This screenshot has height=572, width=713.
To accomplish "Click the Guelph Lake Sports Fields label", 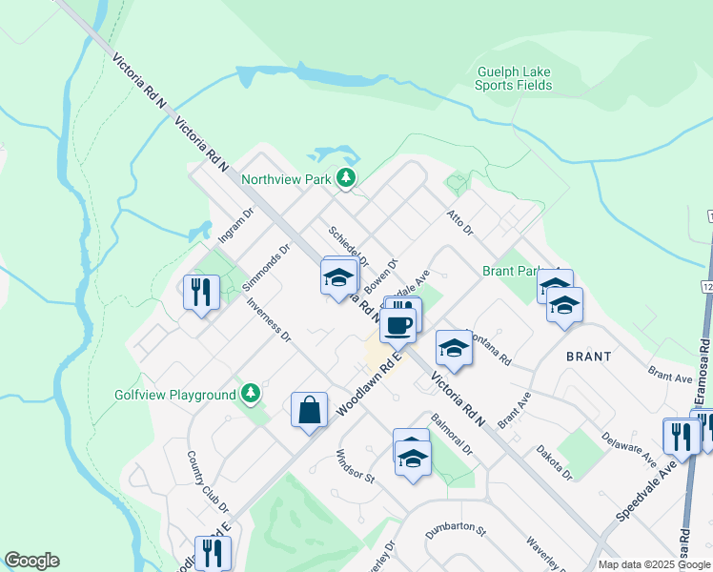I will pyautogui.click(x=513, y=77).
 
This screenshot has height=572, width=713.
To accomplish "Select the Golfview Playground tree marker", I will pyautogui.click(x=250, y=394).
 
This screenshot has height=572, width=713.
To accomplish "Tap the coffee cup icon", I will pyautogui.click(x=397, y=324).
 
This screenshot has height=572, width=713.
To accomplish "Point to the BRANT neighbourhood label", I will pyautogui.click(x=588, y=355).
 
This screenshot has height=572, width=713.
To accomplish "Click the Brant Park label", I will pyautogui.click(x=513, y=271).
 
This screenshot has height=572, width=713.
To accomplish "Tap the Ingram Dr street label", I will pyautogui.click(x=234, y=227).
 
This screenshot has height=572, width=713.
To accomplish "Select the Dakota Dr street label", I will pyautogui.click(x=553, y=460).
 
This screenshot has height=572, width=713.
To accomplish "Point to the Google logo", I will pyautogui.click(x=31, y=561).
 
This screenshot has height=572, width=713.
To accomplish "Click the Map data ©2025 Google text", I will pyautogui.click(x=654, y=564).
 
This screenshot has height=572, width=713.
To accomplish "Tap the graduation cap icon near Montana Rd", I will pyautogui.click(x=454, y=348).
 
